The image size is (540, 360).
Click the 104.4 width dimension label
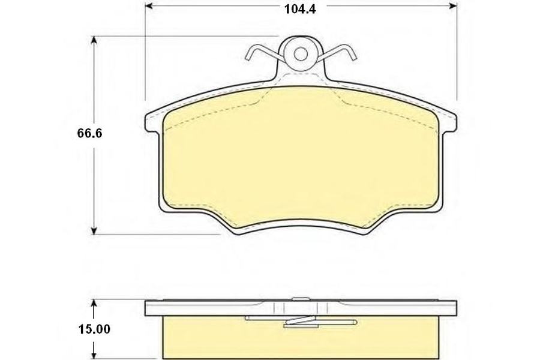tap(300, 9)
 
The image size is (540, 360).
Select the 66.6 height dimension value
tap(90, 133)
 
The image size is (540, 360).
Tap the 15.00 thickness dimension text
tap(94, 329)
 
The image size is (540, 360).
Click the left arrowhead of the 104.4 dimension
tap(148, 6)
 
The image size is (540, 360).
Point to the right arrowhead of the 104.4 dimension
tap(453, 6)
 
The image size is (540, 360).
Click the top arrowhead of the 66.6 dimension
tap(94, 40)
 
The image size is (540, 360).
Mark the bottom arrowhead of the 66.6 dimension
tap(94, 230)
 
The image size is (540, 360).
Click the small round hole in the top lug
tap(301, 54)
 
